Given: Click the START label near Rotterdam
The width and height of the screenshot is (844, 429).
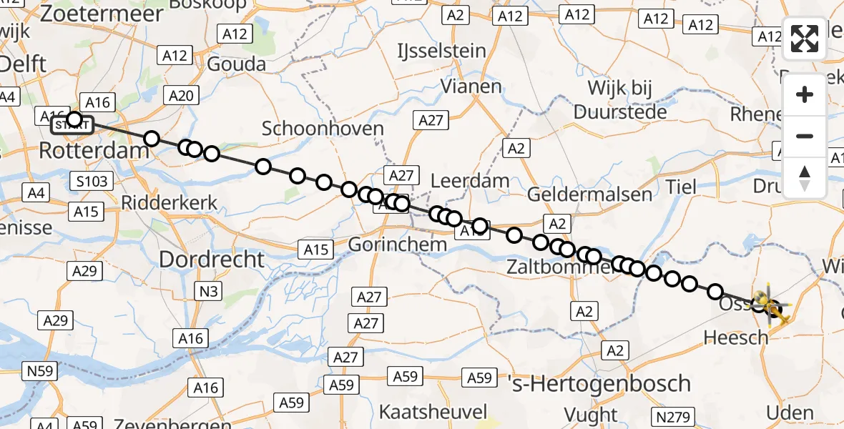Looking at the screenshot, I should (72, 126).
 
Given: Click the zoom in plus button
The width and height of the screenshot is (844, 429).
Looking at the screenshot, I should (805, 94).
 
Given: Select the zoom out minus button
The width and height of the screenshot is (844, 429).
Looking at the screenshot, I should (805, 136).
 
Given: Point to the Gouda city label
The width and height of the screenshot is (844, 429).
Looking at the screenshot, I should (236, 64).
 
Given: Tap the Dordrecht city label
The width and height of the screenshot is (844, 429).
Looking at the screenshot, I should (212, 259).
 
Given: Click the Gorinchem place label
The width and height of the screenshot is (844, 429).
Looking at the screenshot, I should (397, 245).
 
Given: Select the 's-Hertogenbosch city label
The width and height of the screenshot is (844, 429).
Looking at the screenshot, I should (599, 383).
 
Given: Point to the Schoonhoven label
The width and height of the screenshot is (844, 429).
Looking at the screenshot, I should (323, 129).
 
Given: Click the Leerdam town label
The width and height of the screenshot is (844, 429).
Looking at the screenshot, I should (470, 181).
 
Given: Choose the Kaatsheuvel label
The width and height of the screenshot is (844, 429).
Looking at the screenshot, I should (433, 412).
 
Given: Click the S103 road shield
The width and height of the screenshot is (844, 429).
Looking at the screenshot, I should (92, 182).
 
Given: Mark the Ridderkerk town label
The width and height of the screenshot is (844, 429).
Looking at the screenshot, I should (170, 203).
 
